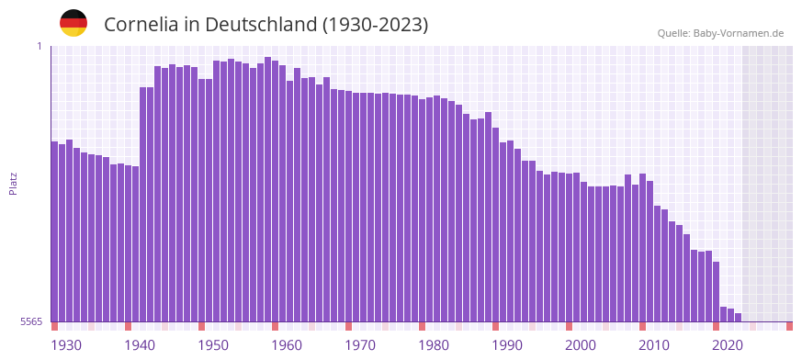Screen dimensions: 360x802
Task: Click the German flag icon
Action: pyautogui.click(x=73, y=23)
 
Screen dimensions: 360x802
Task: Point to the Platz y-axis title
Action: pyautogui.click(x=13, y=184)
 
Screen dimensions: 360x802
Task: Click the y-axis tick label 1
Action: pyautogui.click(x=40, y=46)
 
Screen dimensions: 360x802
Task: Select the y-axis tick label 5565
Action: pyautogui.click(x=30, y=321)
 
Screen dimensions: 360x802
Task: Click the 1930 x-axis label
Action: pyautogui.click(x=66, y=345)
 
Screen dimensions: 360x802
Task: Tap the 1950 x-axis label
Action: pyautogui.click(x=213, y=345)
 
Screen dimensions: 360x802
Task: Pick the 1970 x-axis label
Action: pyautogui.click(x=360, y=345)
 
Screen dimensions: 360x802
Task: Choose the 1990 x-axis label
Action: pyautogui.click(x=507, y=345)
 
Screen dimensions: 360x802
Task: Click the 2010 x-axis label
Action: pyautogui.click(x=654, y=345)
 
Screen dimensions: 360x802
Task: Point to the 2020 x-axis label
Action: pyautogui.click(x=728, y=345)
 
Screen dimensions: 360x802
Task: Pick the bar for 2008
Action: pyautogui.click(x=643, y=248)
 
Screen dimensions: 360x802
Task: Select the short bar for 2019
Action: pyautogui.click(x=724, y=314)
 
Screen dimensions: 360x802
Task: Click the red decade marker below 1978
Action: pyautogui.click(x=423, y=326)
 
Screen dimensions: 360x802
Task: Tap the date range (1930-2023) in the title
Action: pyautogui.click(x=375, y=25)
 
